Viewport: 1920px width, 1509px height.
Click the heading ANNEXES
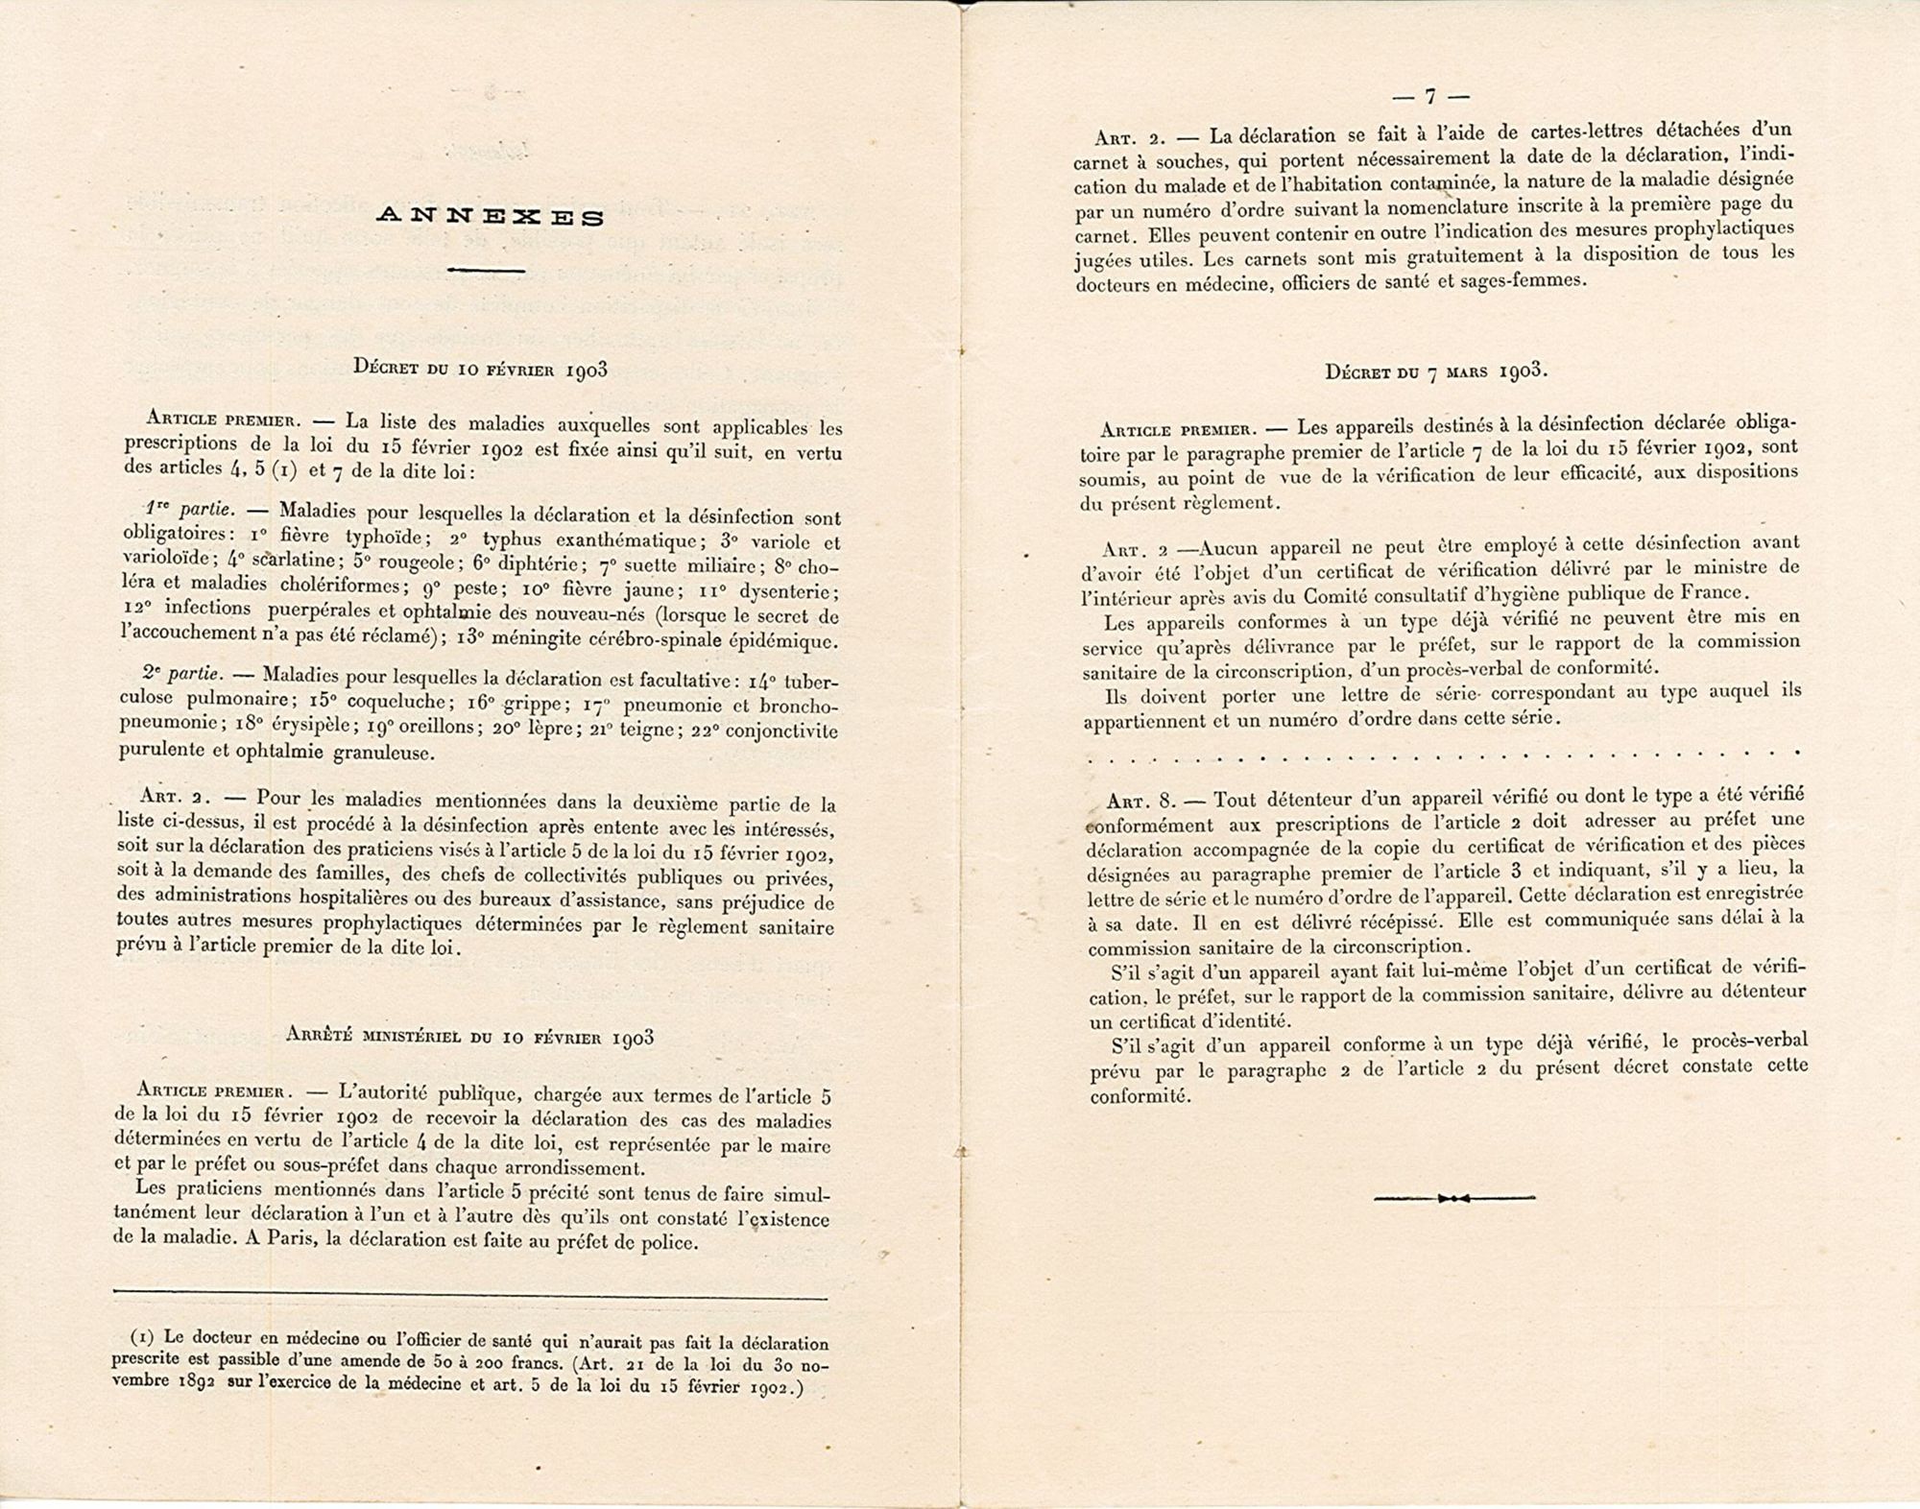[x=490, y=217]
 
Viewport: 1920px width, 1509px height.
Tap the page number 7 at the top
[x=1429, y=96]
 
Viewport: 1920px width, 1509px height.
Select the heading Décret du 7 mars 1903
[x=1436, y=371]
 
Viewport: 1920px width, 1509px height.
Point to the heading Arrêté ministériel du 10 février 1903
[x=469, y=1037]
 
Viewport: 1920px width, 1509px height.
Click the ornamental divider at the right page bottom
[x=1453, y=1197]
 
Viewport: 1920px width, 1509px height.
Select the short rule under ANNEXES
[x=486, y=271]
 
